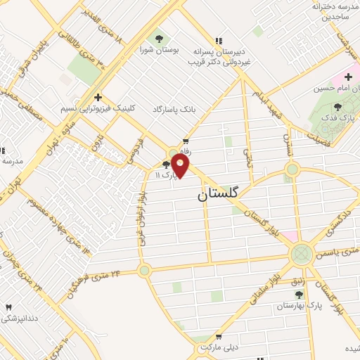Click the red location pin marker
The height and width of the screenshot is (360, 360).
[181, 167]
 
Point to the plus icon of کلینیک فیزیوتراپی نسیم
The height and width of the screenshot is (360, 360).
[98, 97]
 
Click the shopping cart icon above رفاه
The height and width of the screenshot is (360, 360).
[185, 140]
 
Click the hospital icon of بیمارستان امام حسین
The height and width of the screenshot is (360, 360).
[348, 76]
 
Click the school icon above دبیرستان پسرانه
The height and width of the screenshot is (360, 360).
[219, 40]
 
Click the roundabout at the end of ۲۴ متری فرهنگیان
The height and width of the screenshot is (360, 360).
[145, 269]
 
